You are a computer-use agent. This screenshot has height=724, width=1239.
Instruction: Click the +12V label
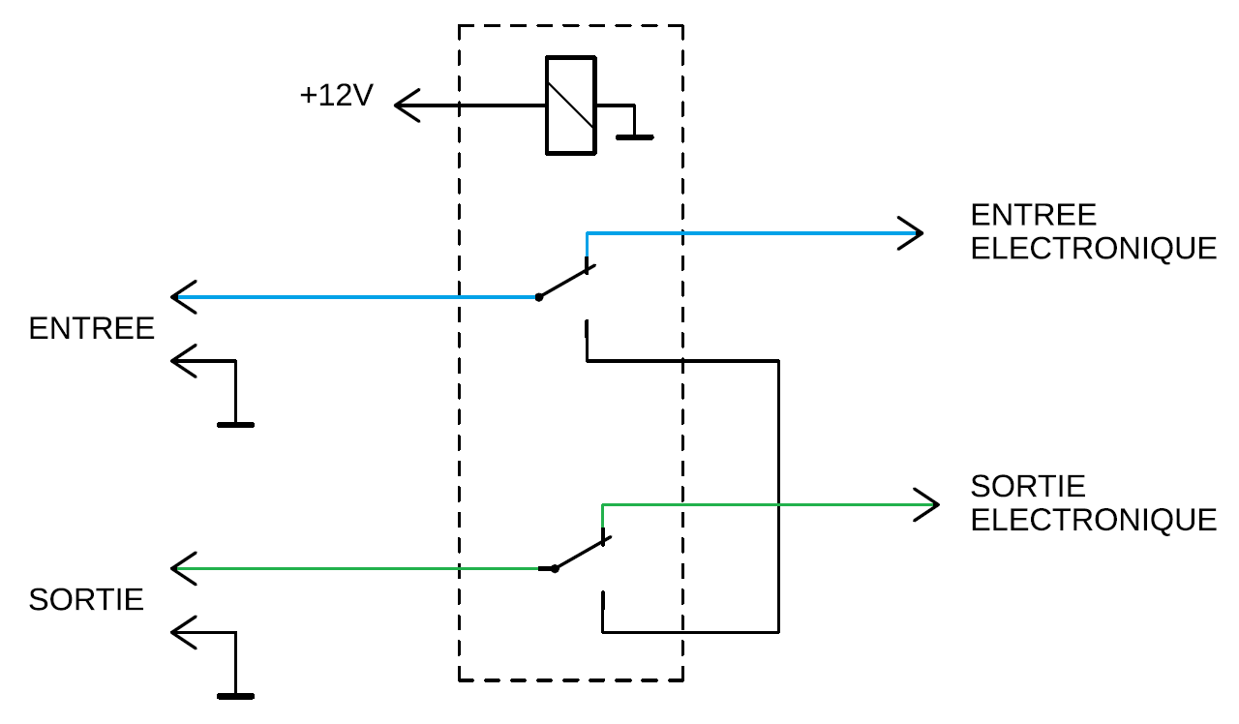pyautogui.click(x=336, y=95)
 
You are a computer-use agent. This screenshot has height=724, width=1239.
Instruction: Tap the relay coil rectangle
pyautogui.click(x=547, y=106)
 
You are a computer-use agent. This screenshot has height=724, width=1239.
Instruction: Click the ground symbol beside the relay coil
pyautogui.click(x=634, y=136)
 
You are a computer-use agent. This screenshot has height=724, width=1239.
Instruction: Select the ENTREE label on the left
pyautogui.click(x=91, y=328)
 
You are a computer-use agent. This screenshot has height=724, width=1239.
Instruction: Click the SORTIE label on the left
pyautogui.click(x=86, y=600)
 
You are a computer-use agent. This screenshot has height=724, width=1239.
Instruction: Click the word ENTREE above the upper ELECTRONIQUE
pyautogui.click(x=1033, y=215)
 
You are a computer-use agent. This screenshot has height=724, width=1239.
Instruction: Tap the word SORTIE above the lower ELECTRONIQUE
pyautogui.click(x=1028, y=486)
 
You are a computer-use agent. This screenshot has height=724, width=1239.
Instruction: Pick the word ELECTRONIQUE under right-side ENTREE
pyautogui.click(x=1094, y=249)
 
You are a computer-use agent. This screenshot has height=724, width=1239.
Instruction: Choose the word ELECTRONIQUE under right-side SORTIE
pyautogui.click(x=1094, y=520)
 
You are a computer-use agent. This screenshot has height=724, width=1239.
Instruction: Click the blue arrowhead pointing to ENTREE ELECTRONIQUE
pyautogui.click(x=911, y=233)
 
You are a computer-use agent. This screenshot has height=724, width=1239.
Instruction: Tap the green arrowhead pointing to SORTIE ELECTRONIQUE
pyautogui.click(x=926, y=504)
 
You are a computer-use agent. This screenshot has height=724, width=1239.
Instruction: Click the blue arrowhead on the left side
pyautogui.click(x=184, y=297)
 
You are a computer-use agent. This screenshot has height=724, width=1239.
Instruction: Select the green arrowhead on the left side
pyautogui.click(x=184, y=568)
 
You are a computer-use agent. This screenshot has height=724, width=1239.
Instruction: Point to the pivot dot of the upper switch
pyautogui.click(x=539, y=297)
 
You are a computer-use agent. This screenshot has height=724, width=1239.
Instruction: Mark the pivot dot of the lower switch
pyautogui.click(x=555, y=568)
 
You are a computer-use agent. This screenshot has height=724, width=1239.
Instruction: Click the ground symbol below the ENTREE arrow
pyautogui.click(x=235, y=425)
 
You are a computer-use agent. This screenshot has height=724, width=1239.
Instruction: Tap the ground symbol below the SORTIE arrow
pyautogui.click(x=235, y=696)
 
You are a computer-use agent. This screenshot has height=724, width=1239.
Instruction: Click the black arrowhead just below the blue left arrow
pyautogui.click(x=184, y=361)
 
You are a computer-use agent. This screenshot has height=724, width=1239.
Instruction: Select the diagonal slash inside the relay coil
pyautogui.click(x=570, y=106)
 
